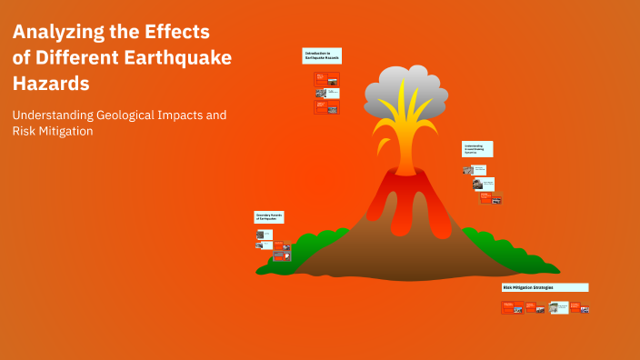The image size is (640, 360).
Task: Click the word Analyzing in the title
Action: click(56, 33)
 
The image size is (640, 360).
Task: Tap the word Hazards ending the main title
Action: click(51, 84)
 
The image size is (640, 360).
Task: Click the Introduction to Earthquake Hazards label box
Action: click(322, 56)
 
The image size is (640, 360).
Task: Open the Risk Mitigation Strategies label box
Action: click(545, 287)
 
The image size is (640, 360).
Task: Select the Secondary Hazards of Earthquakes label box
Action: click(269, 217)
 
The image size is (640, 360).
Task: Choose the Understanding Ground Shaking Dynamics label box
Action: click(477, 148)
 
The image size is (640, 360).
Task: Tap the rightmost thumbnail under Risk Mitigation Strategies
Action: click(585, 309)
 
